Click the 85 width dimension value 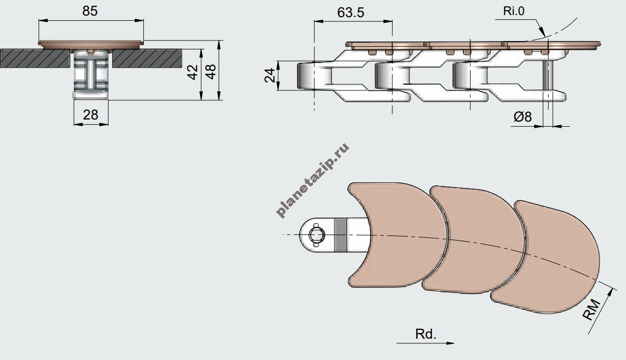tap(90, 11)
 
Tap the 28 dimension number tap(90, 115)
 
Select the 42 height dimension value tap(192, 72)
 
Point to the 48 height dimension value tap(210, 72)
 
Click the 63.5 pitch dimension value tap(351, 12)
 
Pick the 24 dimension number tap(270, 75)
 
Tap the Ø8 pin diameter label tap(523, 116)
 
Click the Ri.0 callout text tap(514, 11)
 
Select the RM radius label tap(591, 310)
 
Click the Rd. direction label tap(425, 334)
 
